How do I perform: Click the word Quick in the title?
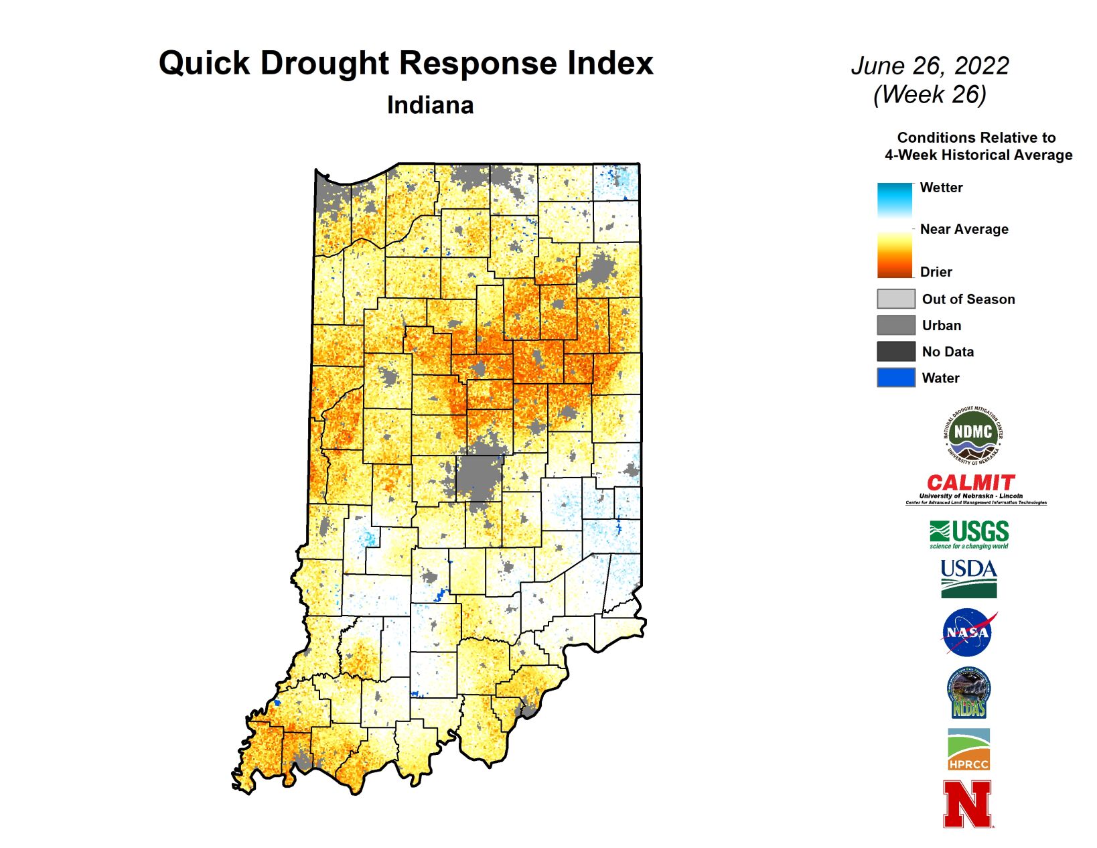click(204, 64)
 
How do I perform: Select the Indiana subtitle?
click(430, 105)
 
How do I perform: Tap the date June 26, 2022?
click(930, 66)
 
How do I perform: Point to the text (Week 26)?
click(930, 94)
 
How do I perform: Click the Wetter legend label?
click(941, 188)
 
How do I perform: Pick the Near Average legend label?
click(964, 229)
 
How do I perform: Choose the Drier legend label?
click(936, 272)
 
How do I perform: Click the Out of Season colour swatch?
click(895, 299)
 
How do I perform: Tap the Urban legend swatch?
click(895, 326)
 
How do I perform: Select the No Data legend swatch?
click(895, 352)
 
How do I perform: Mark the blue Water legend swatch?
click(895, 378)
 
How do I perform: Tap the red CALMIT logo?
click(971, 483)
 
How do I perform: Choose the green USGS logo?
click(969, 534)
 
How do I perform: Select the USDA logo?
click(968, 578)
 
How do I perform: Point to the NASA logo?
click(968, 632)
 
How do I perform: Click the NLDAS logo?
click(968, 693)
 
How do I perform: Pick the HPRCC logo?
click(968, 750)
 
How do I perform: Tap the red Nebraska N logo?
click(967, 804)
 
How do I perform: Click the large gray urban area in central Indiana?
click(480, 476)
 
